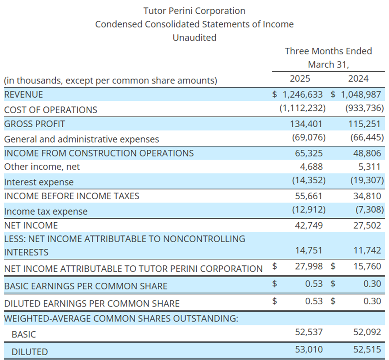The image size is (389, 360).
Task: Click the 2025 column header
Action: tap(300, 79)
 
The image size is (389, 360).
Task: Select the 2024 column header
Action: tap(358, 79)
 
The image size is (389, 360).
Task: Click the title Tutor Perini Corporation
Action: tap(194, 11)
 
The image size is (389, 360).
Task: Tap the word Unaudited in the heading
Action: tap(194, 38)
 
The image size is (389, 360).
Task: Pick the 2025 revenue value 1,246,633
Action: tap(303, 95)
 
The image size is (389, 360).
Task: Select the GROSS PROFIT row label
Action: tap(34, 124)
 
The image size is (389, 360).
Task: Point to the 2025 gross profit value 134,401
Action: tap(306, 124)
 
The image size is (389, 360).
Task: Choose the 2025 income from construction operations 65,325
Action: tap(309, 153)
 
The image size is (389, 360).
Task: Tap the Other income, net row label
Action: tap(42, 167)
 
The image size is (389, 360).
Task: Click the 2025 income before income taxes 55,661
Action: tap(309, 196)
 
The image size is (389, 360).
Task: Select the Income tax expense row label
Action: tap(46, 212)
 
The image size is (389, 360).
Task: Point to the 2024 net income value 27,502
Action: tap(367, 225)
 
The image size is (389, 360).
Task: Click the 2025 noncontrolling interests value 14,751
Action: tap(309, 250)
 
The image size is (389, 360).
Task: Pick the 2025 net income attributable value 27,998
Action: tap(309, 266)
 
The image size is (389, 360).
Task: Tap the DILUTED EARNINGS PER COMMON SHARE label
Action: tap(92, 303)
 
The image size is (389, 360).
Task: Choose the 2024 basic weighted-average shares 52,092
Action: tap(367, 332)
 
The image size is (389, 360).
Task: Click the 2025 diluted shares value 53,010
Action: tap(309, 349)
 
